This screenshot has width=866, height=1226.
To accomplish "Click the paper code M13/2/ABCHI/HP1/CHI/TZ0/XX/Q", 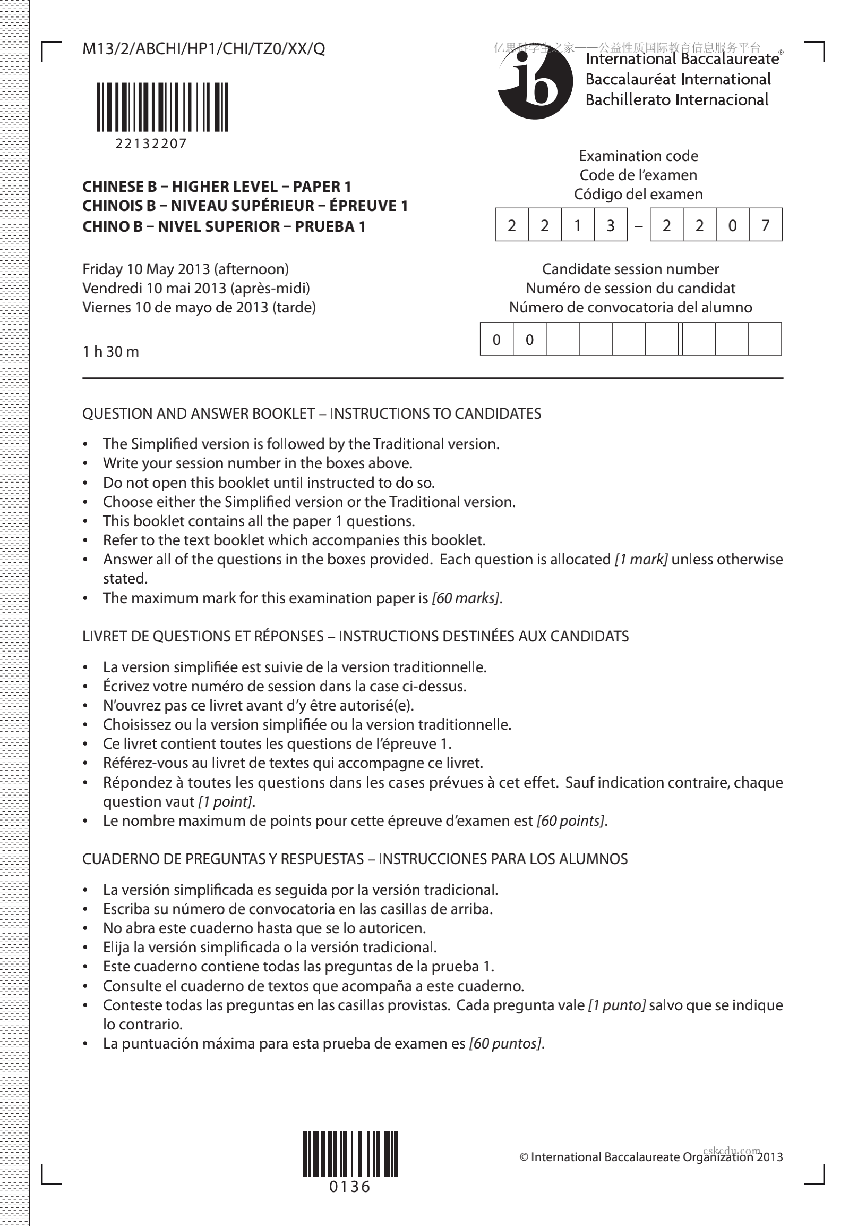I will [203, 49].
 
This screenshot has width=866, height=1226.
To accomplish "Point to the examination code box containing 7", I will [766, 225].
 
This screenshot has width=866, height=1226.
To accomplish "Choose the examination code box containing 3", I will [611, 225].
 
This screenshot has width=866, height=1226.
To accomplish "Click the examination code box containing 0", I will [733, 225].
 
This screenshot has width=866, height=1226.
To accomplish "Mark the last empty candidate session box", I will [765, 339].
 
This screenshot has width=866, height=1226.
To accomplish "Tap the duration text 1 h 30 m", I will [110, 351].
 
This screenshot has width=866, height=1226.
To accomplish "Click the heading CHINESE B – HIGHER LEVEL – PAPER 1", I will [217, 187].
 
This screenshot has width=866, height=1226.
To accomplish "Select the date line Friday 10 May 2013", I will [185, 269].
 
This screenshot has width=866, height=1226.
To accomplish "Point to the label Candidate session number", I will [630, 269].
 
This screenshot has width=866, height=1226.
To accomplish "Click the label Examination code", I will [638, 156].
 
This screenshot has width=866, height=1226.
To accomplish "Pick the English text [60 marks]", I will [466, 598].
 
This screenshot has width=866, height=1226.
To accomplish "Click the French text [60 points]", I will [570, 821].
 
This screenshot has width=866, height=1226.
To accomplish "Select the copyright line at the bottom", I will [651, 1157].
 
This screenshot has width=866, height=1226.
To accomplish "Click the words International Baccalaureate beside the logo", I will [682, 59].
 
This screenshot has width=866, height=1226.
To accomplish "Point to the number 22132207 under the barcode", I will [151, 143].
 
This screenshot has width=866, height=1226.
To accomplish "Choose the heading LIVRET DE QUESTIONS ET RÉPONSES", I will [203, 637].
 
